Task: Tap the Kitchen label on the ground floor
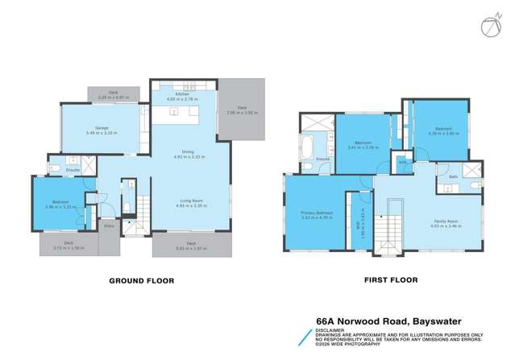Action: (184, 95)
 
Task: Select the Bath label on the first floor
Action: (453, 177)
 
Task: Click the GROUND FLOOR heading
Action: (142, 281)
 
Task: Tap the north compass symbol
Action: (491, 27)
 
